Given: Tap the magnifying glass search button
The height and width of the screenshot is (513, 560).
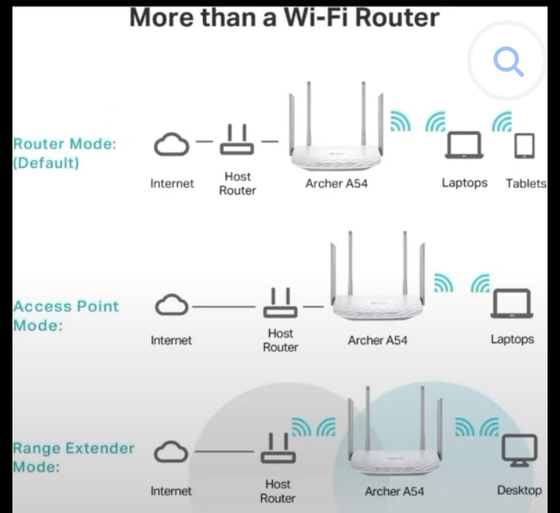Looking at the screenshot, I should click(x=509, y=61).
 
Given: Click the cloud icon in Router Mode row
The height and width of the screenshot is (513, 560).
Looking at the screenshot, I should click(x=171, y=145).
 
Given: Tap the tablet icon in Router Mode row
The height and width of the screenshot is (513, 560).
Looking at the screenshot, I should click(x=525, y=146).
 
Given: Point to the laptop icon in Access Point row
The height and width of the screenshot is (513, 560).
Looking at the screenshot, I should click(x=511, y=304).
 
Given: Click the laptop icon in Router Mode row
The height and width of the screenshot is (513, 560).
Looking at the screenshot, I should click(x=464, y=145).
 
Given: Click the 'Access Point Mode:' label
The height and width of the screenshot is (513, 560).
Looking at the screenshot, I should click(x=65, y=315).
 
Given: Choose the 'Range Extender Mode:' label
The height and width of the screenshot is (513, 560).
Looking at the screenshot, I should click(x=73, y=457).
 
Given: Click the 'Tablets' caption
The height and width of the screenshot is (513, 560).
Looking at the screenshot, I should click(x=526, y=184).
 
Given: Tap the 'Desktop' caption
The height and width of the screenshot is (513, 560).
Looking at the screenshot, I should click(x=519, y=490).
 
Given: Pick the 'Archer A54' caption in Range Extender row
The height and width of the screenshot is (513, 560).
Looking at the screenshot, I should click(x=394, y=491).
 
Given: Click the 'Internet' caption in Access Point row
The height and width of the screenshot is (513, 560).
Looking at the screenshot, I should click(x=171, y=340).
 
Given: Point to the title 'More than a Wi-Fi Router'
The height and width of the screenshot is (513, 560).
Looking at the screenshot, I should click(x=284, y=17).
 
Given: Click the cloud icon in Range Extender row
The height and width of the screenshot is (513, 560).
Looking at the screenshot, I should click(x=171, y=452).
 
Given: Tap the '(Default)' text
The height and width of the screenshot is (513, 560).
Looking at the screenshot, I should click(x=46, y=163).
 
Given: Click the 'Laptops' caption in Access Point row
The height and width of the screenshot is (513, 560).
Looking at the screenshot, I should click(x=512, y=340).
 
